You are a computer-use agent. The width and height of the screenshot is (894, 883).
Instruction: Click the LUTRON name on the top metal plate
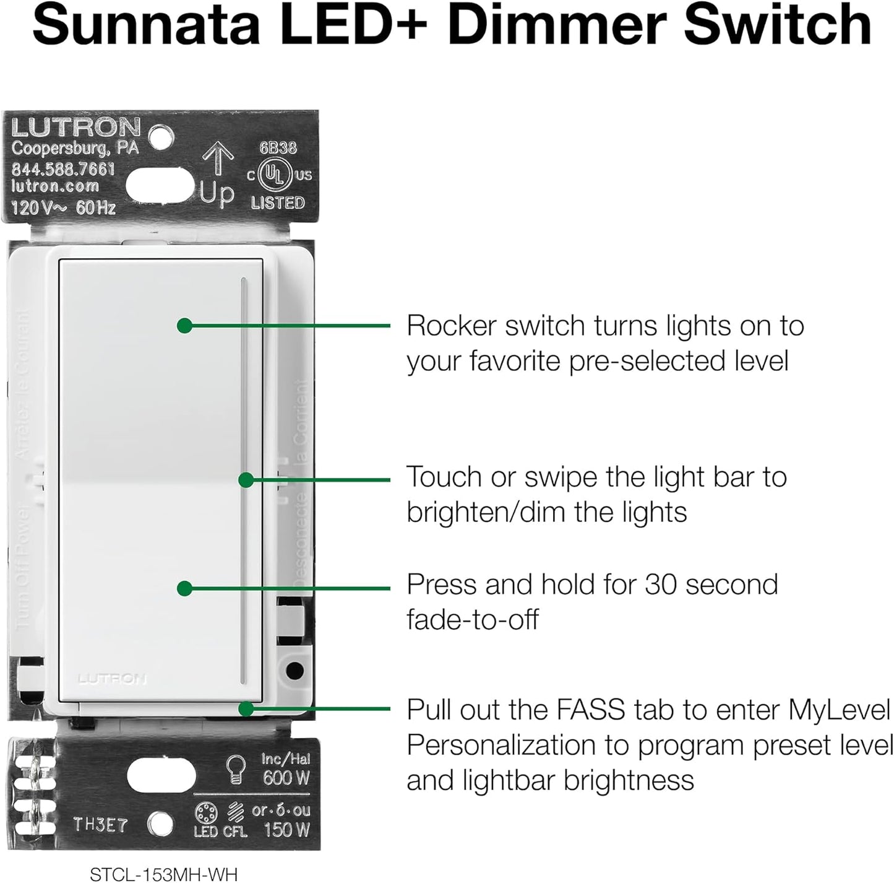[x=76, y=128]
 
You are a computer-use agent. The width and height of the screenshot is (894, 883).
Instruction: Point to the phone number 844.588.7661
[x=63, y=168]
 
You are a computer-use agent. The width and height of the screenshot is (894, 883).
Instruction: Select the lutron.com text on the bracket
[x=55, y=186]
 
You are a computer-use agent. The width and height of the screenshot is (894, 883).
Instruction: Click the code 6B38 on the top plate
[x=278, y=148]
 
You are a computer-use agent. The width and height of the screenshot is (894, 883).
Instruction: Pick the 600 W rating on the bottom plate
[x=285, y=778]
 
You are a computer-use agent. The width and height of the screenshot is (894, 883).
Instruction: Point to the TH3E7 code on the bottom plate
[x=101, y=825]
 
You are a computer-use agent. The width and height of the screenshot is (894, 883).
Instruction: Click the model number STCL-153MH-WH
[x=163, y=874]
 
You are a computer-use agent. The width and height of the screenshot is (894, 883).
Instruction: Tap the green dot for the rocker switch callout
[x=184, y=325]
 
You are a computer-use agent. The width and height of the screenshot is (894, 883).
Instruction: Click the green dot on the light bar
[x=246, y=479]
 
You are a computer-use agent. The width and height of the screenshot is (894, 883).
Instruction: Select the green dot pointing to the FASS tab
[x=246, y=708]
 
